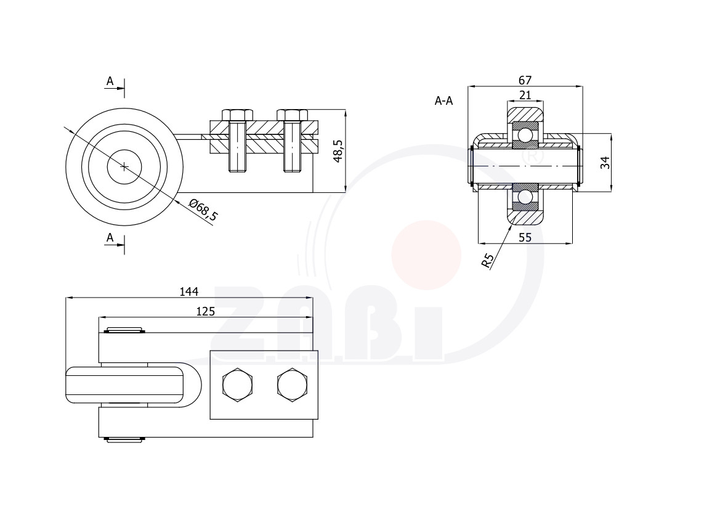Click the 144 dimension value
(188, 291)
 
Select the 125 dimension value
(205, 311)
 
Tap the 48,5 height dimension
(338, 151)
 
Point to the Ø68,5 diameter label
(203, 210)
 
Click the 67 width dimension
(525, 80)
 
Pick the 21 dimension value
(525, 95)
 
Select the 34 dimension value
(605, 163)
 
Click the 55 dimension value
(525, 237)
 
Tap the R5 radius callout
(488, 261)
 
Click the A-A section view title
(443, 100)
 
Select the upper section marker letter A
(110, 81)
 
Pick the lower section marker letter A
(110, 237)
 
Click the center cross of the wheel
(124, 167)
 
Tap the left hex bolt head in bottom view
(237, 385)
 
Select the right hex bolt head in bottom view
(293, 385)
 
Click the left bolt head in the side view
(237, 115)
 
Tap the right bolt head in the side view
(293, 115)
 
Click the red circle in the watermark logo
(426, 255)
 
